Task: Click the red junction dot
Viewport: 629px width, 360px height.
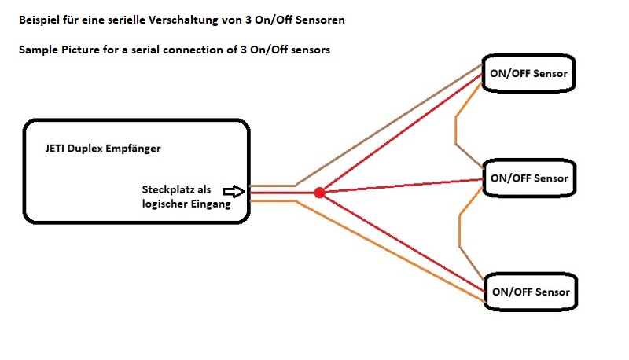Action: click(x=319, y=193)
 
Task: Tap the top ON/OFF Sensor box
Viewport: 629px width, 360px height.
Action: click(x=529, y=74)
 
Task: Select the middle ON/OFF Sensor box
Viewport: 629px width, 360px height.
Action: click(x=529, y=178)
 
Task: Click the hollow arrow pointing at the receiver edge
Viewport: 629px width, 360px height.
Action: click(x=234, y=190)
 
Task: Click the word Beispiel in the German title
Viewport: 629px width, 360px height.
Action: click(x=40, y=19)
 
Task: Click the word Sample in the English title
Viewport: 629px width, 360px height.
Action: click(x=38, y=50)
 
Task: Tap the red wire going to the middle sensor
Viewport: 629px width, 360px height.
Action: click(x=401, y=186)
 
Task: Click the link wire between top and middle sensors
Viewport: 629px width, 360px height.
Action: click(x=457, y=126)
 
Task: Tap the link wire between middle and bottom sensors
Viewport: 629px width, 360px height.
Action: click(x=460, y=228)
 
